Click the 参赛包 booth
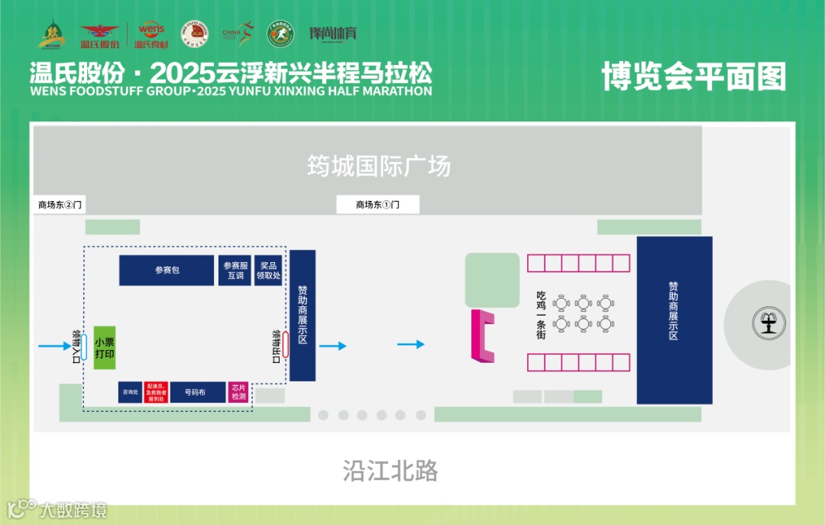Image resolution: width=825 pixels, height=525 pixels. point(167,271)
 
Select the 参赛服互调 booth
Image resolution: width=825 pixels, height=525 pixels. point(235,271)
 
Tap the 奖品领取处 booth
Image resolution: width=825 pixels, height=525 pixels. point(269,271)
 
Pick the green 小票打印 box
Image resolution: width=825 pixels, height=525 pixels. point(105,348)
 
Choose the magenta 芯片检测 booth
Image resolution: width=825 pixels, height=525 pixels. point(238,392)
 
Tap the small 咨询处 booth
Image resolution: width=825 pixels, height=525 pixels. point(130,392)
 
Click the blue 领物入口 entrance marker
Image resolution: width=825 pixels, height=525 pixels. point(84,347)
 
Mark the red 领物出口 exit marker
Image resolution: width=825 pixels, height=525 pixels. point(285,345)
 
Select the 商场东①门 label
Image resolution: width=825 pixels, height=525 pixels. point(377,205)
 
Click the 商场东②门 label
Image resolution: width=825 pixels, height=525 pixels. point(60,205)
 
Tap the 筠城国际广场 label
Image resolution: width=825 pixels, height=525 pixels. point(379,166)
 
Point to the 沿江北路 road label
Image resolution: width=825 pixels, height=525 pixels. point(390,471)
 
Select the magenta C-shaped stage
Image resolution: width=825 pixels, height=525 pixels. point(482,335)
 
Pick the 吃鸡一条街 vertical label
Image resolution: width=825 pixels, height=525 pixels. point(541,314)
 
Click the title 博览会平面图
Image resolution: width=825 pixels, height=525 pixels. point(694,76)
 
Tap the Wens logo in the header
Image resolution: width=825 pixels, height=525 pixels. point(151,34)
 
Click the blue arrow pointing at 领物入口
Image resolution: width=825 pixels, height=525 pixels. point(53,347)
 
